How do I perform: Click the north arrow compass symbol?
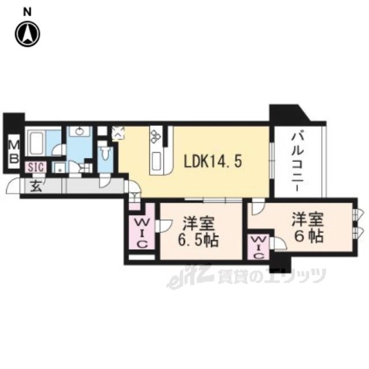[28, 34]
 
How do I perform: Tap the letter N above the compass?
[27, 12]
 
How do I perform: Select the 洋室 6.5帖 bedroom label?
[198, 232]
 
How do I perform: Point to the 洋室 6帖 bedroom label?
[307, 227]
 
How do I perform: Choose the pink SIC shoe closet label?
[36, 167]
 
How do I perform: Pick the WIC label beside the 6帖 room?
[259, 247]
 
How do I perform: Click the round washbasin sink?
[80, 131]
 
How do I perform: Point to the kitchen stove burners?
[155, 137]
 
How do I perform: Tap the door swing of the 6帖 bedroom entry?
[258, 207]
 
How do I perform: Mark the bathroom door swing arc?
[59, 150]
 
